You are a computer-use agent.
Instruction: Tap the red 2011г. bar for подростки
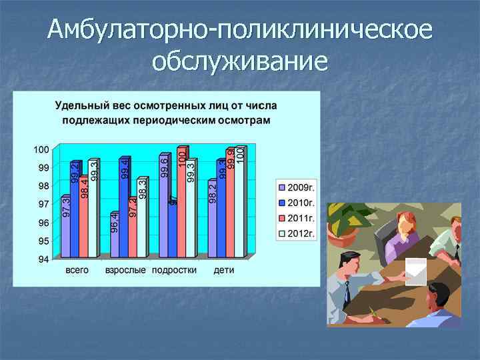(181, 203)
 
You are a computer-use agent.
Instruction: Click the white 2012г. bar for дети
(239, 203)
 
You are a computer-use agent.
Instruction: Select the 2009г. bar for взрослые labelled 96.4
(114, 235)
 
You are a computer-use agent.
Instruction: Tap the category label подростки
(174, 271)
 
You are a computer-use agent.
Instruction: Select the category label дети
(223, 271)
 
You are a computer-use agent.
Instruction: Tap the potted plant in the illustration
(350, 220)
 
